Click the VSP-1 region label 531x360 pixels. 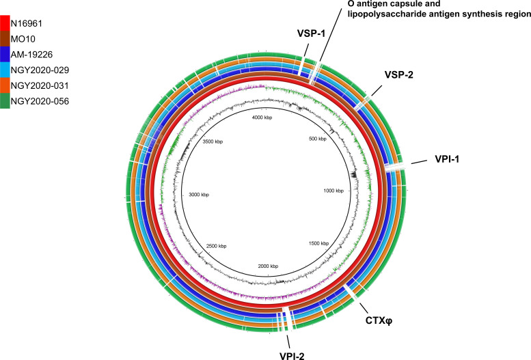(x=312, y=33)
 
